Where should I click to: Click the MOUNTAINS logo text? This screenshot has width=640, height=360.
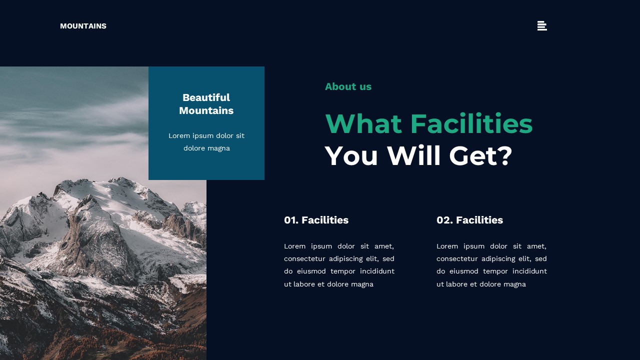(83, 26)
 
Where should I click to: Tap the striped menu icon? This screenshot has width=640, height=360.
(542, 26)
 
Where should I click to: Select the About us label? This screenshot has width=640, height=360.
(348, 86)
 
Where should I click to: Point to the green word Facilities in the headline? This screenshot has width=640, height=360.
(471, 124)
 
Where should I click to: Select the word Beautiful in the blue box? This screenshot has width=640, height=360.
(206, 97)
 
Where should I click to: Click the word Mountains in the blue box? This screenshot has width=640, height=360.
(206, 110)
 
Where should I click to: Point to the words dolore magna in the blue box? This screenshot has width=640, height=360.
(206, 148)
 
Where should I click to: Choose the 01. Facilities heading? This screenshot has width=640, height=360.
(316, 220)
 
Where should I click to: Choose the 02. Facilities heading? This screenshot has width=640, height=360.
(469, 220)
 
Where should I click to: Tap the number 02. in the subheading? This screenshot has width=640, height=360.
(444, 220)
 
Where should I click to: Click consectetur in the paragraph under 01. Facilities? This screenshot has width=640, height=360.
(304, 258)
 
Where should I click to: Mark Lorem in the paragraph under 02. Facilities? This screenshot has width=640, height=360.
(447, 246)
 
